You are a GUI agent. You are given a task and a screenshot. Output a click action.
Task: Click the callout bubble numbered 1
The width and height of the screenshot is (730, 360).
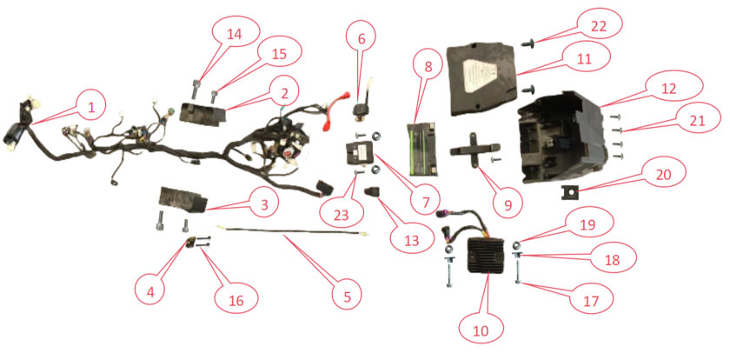pyautogui.click(x=91, y=107)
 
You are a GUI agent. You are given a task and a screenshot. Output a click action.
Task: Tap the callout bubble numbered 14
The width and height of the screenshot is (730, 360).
pyautogui.click(x=236, y=36)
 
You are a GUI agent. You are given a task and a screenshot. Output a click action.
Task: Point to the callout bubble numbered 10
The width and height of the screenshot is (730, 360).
pyautogui.click(x=481, y=330)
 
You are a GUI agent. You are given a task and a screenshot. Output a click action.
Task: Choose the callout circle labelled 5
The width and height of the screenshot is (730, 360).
pyautogui.click(x=346, y=296)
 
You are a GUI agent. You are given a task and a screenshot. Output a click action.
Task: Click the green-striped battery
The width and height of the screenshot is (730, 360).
pyautogui.click(x=422, y=149)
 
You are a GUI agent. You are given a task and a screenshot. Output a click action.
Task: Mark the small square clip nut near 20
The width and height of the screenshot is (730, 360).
pyautogui.click(x=567, y=191)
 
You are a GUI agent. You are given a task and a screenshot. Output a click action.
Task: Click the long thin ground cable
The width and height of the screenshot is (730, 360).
pyautogui.click(x=292, y=231)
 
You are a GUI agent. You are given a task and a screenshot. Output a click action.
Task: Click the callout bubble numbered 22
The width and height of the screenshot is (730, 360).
pyautogui.click(x=598, y=27)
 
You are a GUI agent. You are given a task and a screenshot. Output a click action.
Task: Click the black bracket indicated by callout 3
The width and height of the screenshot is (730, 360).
pyautogui.click(x=182, y=197)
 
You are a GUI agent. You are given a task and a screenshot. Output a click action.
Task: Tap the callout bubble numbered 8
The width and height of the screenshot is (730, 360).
pyautogui.click(x=428, y=66)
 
